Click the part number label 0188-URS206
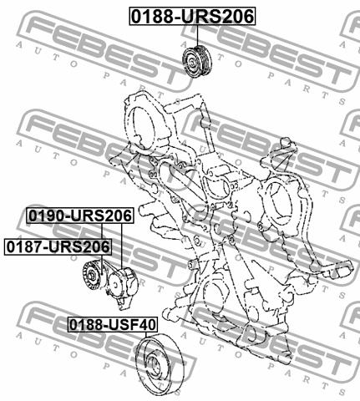[192, 17]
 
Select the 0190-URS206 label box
[80, 216]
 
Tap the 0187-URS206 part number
[58, 246]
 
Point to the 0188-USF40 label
[113, 324]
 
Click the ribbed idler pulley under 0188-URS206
[197, 62]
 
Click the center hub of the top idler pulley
[191, 62]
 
